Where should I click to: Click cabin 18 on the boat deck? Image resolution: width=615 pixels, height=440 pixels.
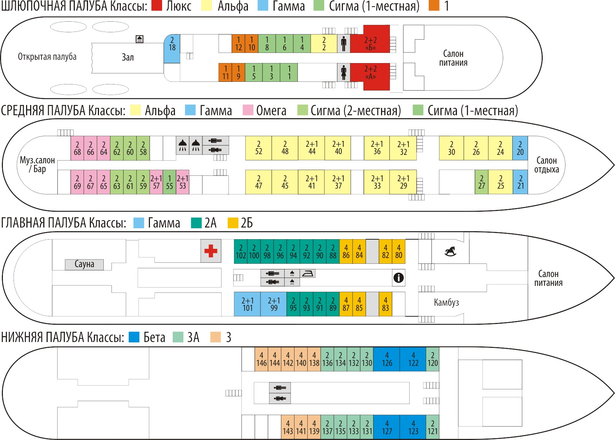pyautogui.click(x=172, y=48)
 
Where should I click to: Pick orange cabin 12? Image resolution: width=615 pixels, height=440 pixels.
pyautogui.click(x=238, y=43)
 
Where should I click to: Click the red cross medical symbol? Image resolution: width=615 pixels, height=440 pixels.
pyautogui.click(x=211, y=251)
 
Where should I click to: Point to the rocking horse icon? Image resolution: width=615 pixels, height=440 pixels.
pyautogui.click(x=450, y=251)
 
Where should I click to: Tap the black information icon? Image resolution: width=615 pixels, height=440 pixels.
pyautogui.click(x=398, y=278)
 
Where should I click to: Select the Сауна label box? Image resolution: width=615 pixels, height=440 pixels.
pyautogui.click(x=84, y=265)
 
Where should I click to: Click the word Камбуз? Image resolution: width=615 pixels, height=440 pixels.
pyautogui.click(x=446, y=302)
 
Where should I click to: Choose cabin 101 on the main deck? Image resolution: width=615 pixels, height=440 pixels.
pyautogui.click(x=248, y=304)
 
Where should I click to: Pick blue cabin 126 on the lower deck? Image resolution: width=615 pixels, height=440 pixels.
pyautogui.click(x=387, y=359)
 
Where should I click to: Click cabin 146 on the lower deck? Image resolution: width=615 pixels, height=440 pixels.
pyautogui.click(x=261, y=359)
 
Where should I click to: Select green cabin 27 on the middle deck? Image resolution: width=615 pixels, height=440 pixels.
pyautogui.click(x=482, y=182)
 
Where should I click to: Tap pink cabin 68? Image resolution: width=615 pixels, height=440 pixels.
pyautogui.click(x=77, y=148)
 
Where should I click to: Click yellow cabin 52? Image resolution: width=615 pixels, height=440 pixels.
pyautogui.click(x=258, y=148)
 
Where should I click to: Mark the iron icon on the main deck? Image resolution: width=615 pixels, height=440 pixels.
pyautogui.click(x=307, y=273)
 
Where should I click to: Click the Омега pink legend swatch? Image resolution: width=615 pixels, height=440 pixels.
pyautogui.click(x=248, y=110)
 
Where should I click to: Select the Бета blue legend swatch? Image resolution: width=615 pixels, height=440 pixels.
pyautogui.click(x=134, y=337)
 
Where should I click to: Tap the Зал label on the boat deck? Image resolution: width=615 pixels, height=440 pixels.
pyautogui.click(x=128, y=57)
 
